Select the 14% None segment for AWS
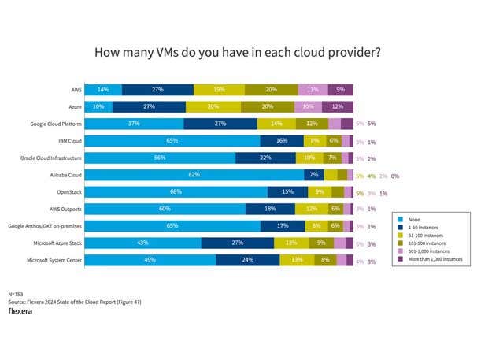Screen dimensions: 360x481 103,89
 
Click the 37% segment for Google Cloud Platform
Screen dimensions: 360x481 134,124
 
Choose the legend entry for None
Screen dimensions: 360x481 415,220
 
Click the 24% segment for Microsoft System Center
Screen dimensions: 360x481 247,260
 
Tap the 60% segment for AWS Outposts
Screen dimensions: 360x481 165,209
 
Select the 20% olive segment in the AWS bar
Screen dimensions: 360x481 271,89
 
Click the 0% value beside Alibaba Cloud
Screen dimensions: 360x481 395,175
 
